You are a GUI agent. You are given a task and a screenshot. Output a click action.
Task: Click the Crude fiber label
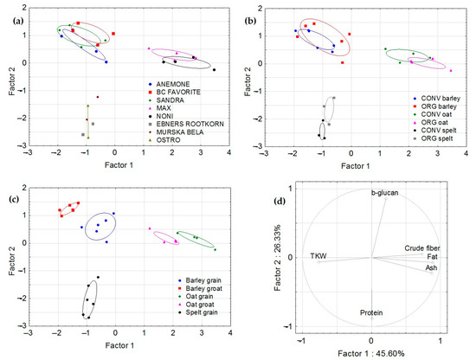421,248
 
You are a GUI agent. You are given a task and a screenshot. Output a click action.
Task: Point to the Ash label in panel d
430,267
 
